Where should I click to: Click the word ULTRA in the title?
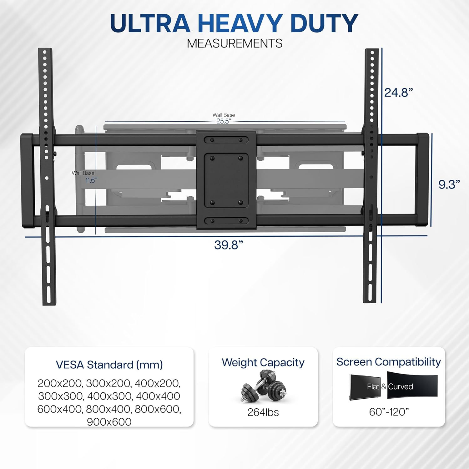[150, 23]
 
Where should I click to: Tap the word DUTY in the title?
[324, 23]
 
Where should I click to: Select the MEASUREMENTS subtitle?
[234, 43]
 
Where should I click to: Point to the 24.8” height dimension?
[399, 93]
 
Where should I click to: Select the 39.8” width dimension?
[229, 245]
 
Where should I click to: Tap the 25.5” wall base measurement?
[224, 121]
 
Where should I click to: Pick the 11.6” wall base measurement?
[91, 180]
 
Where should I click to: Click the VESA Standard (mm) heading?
[109, 365]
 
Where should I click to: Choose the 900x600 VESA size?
[109, 422]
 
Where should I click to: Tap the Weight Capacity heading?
[263, 363]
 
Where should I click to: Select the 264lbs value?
[263, 412]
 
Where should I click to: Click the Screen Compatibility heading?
[389, 362]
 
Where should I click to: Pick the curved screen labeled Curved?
[412, 385]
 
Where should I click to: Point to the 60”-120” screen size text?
[389, 412]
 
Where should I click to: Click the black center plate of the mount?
[226, 180]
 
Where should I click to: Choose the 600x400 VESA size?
[59, 409]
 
